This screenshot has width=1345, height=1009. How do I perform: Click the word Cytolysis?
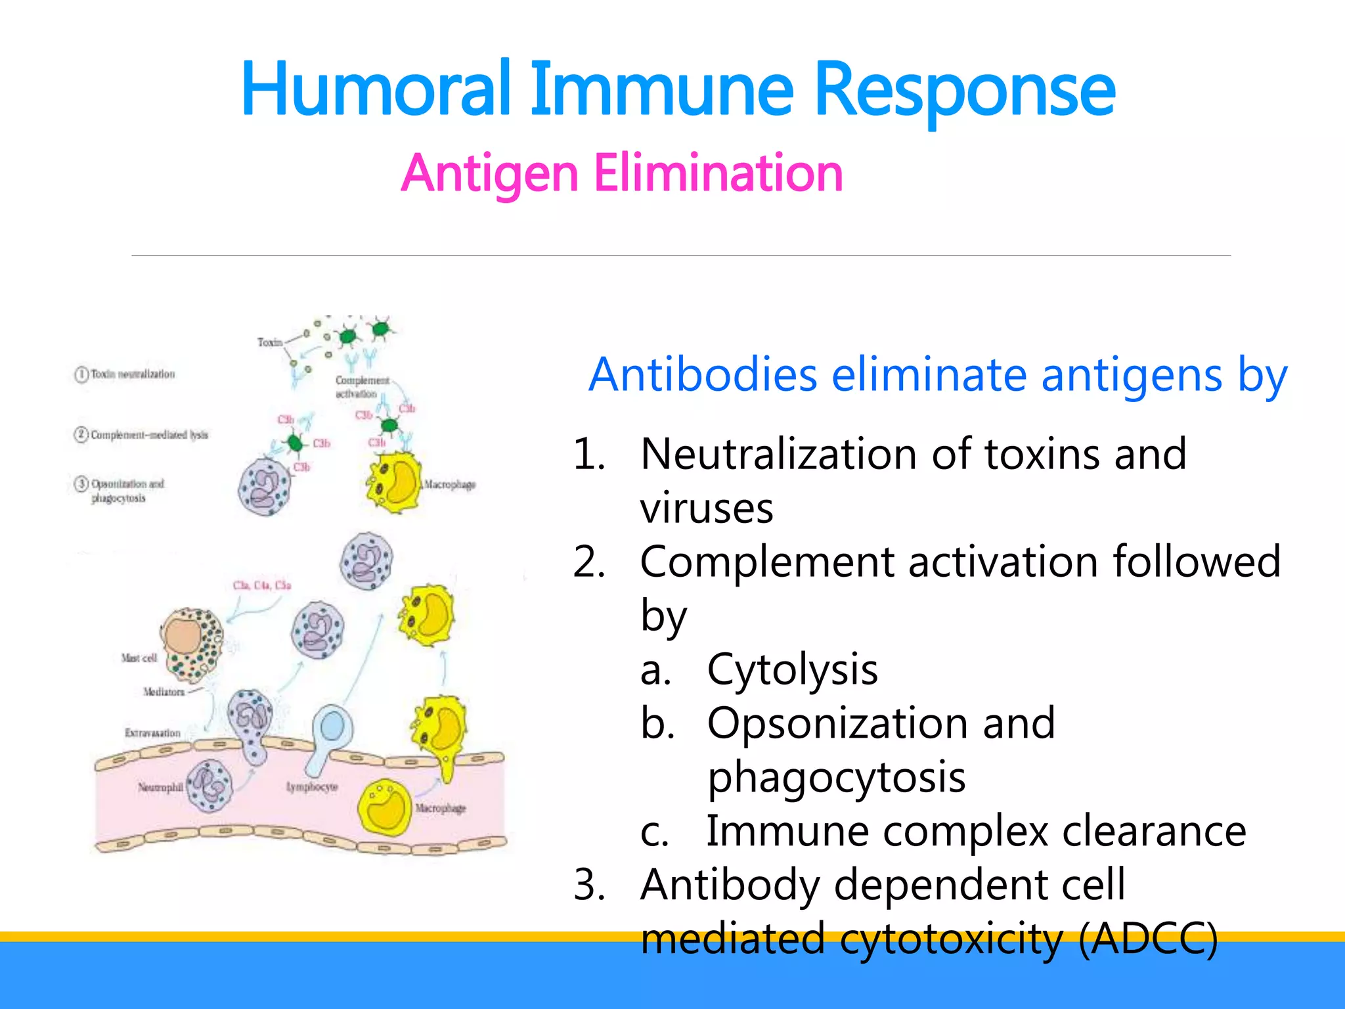coord(792,671)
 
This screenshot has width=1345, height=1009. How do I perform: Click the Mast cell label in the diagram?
coord(139,658)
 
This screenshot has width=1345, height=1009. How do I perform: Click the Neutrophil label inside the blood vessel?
coord(160,787)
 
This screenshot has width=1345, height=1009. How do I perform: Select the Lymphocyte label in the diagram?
coord(312,787)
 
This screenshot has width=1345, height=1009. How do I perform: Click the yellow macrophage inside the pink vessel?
coord(385,807)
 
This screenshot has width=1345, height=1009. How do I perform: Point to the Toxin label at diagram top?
coord(269,342)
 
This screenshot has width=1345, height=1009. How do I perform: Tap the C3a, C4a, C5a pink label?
coord(261,585)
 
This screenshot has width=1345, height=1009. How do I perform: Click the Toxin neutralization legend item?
coord(132,374)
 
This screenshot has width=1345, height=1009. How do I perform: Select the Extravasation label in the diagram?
coord(152,733)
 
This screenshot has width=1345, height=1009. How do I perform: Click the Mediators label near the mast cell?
coord(164,692)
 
